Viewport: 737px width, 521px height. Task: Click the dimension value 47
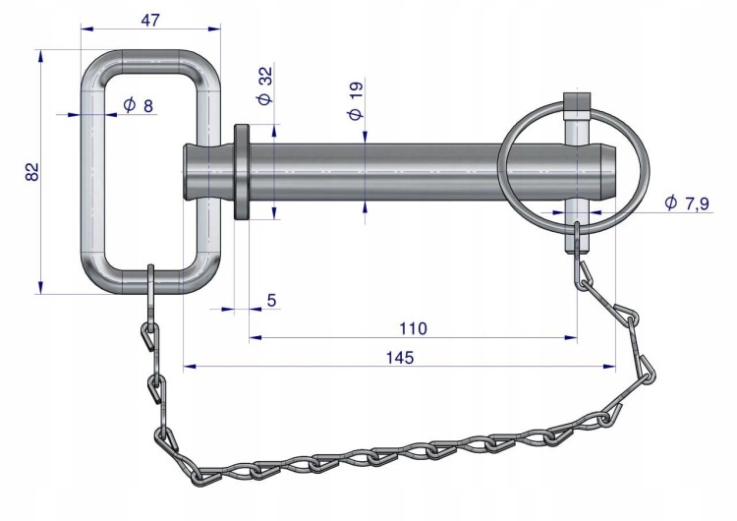[150, 20]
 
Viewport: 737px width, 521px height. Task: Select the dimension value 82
[32, 172]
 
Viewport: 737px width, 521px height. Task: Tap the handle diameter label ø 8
[139, 105]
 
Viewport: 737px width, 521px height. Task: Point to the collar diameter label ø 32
[264, 86]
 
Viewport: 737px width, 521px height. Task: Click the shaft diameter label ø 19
[356, 100]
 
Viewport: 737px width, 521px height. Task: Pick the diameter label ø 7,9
[687, 203]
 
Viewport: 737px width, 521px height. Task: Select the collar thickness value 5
[271, 300]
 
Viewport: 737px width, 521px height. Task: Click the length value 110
[413, 328]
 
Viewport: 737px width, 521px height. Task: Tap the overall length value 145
[400, 358]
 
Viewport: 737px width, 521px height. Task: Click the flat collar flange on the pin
[242, 172]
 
